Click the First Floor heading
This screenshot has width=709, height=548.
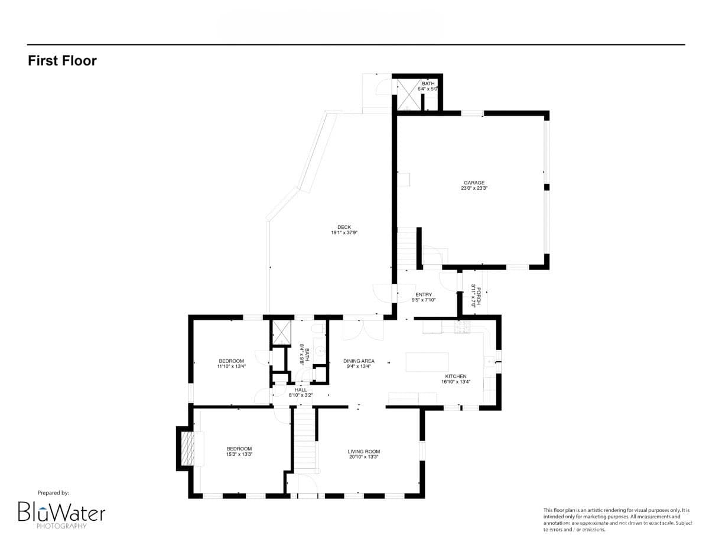tap(62, 60)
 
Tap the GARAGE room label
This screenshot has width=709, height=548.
tap(473, 183)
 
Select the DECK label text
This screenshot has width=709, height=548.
tap(344, 227)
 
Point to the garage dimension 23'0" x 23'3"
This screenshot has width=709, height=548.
tap(473, 188)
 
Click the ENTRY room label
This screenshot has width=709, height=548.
tap(424, 294)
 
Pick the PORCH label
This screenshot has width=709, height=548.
tap(479, 296)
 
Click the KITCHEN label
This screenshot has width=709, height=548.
tap(456, 376)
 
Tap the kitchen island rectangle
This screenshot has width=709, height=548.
tap(427, 362)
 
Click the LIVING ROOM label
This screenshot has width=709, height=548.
tap(363, 451)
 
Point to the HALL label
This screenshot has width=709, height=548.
tap(300, 390)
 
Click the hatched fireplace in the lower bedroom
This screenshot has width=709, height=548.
tap(187, 449)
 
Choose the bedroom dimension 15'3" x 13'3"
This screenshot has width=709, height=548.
tap(239, 454)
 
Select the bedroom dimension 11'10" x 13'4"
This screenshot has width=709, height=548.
tap(231, 366)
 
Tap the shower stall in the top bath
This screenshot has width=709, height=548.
tap(408, 95)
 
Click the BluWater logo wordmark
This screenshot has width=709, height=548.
tap(61, 512)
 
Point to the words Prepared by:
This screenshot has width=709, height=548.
tap(53, 492)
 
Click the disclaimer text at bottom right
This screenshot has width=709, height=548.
tap(614, 520)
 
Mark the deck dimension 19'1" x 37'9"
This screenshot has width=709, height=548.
tap(344, 233)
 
